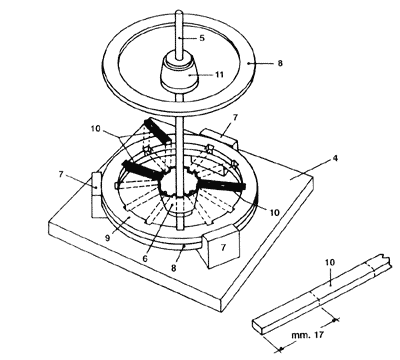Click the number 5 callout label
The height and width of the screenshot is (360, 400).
tap(202, 38)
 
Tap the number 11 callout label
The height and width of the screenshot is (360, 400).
tap(219, 75)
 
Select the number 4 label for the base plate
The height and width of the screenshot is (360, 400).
tap(335, 158)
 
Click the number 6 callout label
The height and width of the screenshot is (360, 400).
tap(145, 258)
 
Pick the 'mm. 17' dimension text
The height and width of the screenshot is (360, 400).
tap(307, 334)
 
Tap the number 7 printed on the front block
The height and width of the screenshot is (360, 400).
tap(223, 247)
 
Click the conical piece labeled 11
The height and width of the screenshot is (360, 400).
tap(179, 73)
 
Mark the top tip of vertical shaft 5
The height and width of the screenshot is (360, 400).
tap(179, 11)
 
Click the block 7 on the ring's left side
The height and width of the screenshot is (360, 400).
tap(97, 195)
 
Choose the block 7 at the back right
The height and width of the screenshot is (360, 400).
tap(219, 138)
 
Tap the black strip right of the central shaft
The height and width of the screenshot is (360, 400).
tap(222, 184)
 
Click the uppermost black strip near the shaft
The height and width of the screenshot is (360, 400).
tap(157, 131)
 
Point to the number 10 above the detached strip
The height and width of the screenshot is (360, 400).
tap(330, 262)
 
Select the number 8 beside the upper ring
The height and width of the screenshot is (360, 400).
tap(280, 63)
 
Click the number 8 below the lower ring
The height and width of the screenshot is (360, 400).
tap(174, 268)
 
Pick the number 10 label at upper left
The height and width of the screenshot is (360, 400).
tap(95, 128)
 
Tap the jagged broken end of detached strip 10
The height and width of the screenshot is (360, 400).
tap(383, 258)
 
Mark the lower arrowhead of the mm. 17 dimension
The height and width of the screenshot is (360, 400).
tap(280, 349)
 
